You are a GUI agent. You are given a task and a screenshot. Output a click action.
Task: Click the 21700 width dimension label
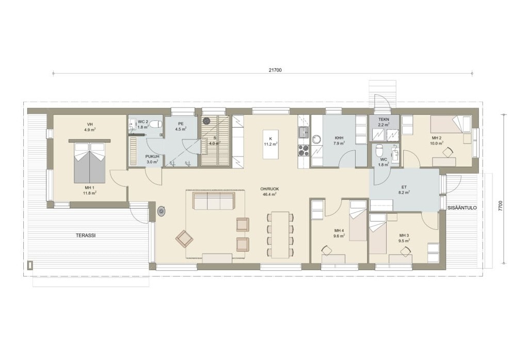(x=275, y=70)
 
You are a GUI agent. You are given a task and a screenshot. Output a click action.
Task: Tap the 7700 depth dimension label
(x=500, y=206)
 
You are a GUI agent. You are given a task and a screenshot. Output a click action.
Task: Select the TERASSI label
(x=86, y=236)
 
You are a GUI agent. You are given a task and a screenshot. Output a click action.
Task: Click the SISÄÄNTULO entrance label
(x=462, y=208)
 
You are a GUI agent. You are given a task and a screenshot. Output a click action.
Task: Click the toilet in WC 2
(x=155, y=124)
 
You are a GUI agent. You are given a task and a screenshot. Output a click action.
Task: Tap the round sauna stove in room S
(x=206, y=119)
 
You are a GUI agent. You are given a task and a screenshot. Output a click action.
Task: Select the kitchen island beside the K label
(x=271, y=144)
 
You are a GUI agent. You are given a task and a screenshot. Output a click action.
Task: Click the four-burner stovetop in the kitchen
(x=304, y=150)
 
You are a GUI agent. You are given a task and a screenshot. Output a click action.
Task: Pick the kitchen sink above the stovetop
(x=304, y=132)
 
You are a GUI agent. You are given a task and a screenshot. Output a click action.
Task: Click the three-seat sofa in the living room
(x=214, y=200)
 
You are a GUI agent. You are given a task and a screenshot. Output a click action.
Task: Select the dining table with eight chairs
(x=280, y=234)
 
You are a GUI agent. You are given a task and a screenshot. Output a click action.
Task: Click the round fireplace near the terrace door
(x=162, y=211)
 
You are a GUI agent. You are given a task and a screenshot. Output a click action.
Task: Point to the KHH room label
(x=339, y=138)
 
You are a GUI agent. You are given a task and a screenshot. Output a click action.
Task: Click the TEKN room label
(x=384, y=119)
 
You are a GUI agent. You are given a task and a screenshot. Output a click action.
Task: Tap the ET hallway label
(x=404, y=187)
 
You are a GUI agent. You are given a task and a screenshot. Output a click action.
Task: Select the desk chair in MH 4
(x=326, y=250)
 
